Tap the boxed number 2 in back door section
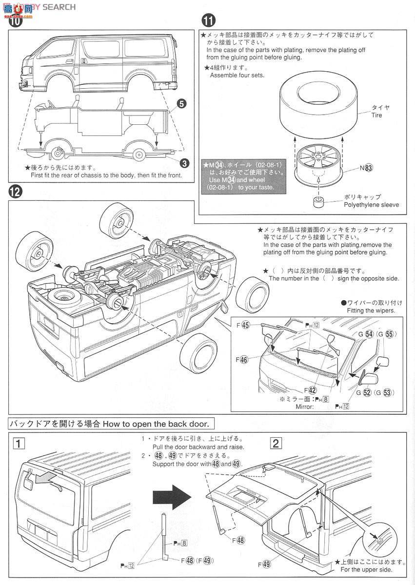point(276,443)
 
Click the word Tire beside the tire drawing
point(376,116)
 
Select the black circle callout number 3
point(184,162)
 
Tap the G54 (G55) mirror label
point(378,334)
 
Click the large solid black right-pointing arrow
point(170,497)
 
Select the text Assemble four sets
point(237,76)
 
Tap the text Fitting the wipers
point(371,311)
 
